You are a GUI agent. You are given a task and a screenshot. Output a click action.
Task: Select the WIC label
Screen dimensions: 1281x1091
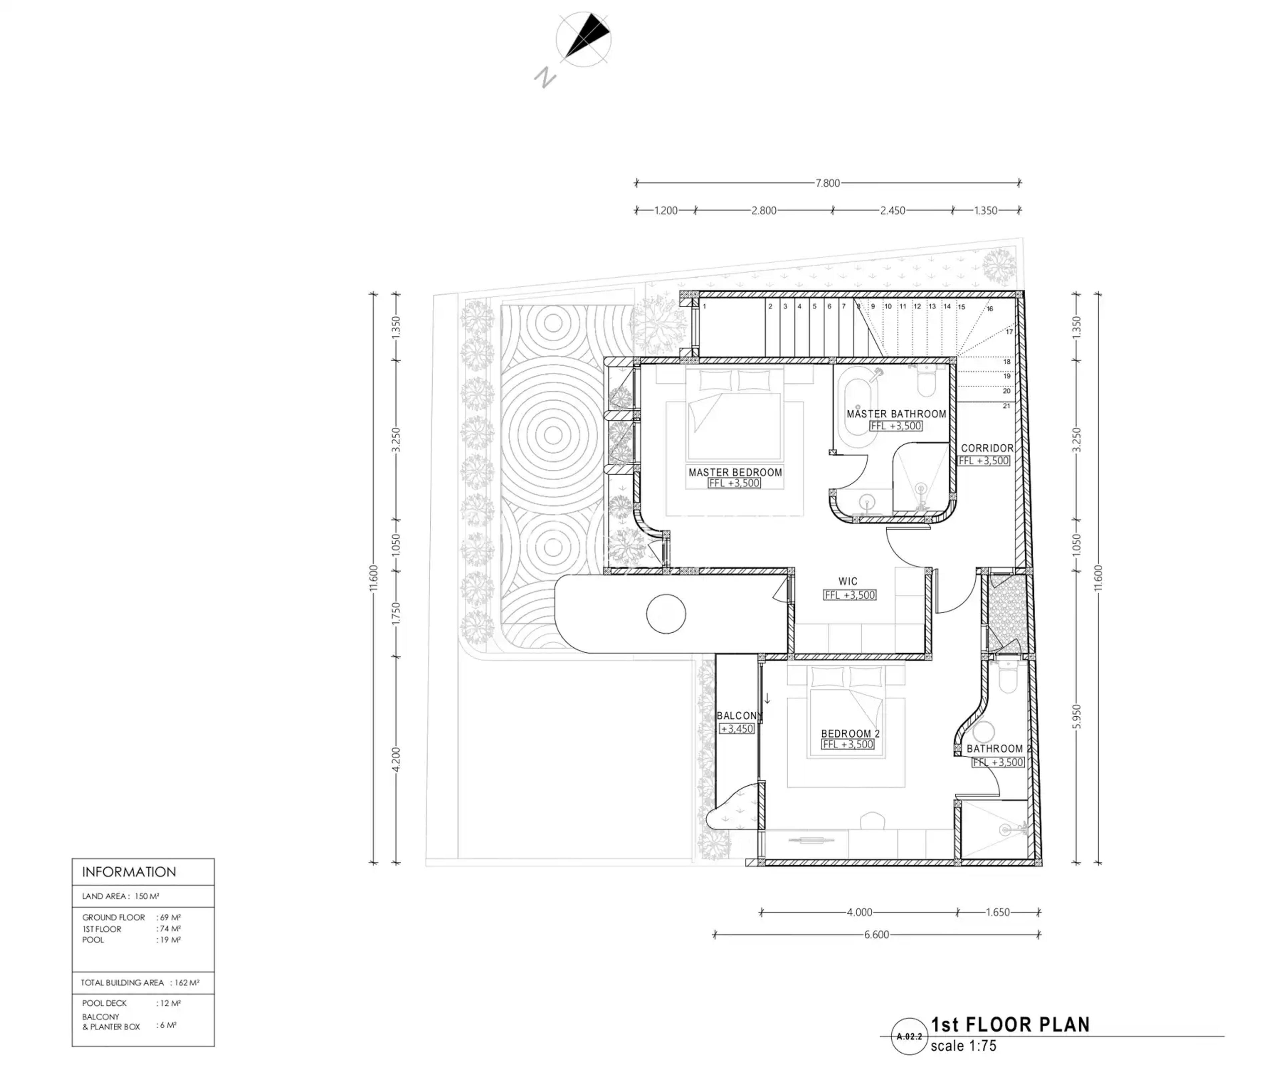[848, 582]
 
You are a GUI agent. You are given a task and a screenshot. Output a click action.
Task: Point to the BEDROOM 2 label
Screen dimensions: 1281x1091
[850, 734]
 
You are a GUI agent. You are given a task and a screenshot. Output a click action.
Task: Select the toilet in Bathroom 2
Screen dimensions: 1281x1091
[1008, 677]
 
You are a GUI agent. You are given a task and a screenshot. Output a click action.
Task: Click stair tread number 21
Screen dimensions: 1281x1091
[1006, 406]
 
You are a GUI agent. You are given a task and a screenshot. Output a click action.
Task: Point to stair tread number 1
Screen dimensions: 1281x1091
[704, 306]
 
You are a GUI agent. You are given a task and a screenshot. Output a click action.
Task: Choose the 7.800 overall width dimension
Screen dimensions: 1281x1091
[828, 183]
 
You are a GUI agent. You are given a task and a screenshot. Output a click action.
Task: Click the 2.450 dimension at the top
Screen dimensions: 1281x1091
[893, 210]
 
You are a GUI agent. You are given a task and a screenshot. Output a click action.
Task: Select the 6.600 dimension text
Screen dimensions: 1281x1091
[877, 935]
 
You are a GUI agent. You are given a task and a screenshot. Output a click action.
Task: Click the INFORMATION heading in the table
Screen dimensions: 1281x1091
[129, 872]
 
